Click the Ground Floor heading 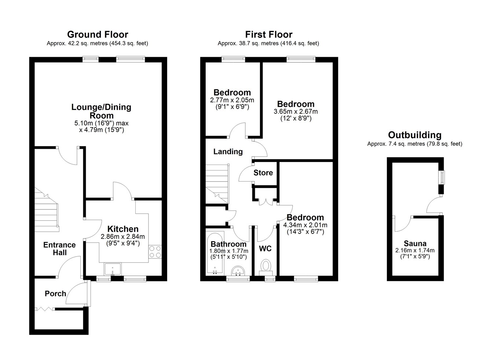click(x=98, y=34)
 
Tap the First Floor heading click(x=269, y=34)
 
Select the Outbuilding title click(x=415, y=135)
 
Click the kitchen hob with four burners click(x=155, y=252)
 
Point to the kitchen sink click(x=113, y=269)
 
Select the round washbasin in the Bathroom click(x=238, y=271)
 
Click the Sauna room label click(x=415, y=243)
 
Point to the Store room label click(x=263, y=173)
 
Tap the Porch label click(x=55, y=294)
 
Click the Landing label click(x=228, y=152)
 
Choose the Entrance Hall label click(x=59, y=249)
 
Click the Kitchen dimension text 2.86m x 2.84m click(x=123, y=236)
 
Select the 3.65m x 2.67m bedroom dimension click(x=296, y=111)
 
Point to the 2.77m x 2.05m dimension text click(x=232, y=100)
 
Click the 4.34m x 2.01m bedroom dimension click(x=305, y=225)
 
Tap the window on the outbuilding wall click(x=442, y=177)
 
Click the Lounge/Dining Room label click(x=101, y=111)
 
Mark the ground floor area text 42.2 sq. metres click(x=88, y=43)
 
